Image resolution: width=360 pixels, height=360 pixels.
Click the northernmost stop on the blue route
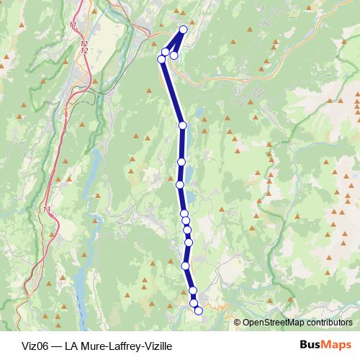tap(183, 30)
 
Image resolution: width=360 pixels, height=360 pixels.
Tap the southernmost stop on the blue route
tap(199, 311)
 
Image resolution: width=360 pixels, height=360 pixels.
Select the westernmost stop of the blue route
tap(161, 60)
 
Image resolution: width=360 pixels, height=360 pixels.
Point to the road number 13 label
tap(48, 209)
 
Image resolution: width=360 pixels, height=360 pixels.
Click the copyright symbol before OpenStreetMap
tap(238, 323)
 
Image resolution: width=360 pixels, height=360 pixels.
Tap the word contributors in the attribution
tap(327, 323)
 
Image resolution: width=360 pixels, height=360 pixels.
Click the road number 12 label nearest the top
tap(84, 44)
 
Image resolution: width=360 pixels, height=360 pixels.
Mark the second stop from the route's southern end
tap(194, 305)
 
